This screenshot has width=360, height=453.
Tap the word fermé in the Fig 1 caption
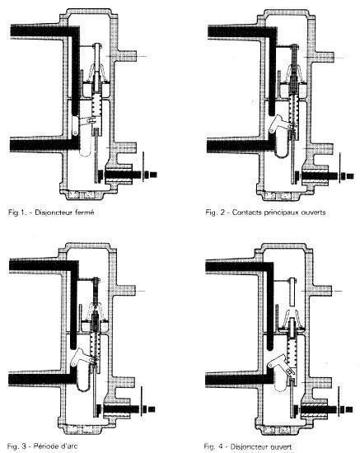pyautogui.click(x=83, y=212)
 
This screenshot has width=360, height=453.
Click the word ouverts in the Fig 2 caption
pyautogui.click(x=313, y=212)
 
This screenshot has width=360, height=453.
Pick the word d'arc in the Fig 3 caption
pyautogui.click(x=68, y=446)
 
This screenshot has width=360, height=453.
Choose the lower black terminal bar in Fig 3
pyautogui.click(x=42, y=379)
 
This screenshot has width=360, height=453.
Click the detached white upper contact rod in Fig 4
pyautogui.click(x=292, y=292)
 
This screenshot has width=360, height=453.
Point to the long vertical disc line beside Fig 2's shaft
pyautogui.click(x=339, y=167)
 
